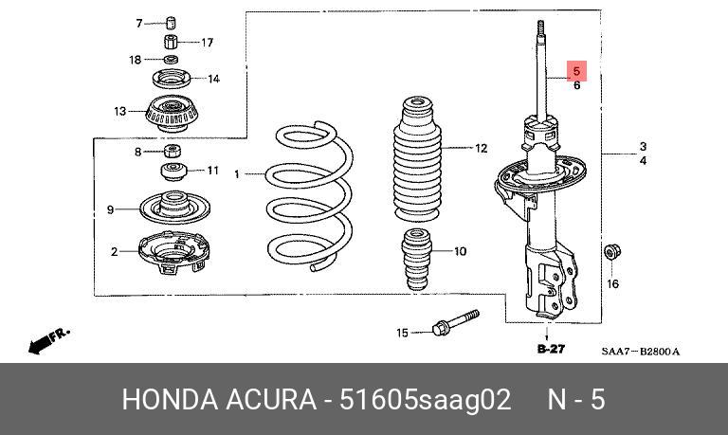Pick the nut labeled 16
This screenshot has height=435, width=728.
[611, 254]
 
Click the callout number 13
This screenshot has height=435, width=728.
[120, 112]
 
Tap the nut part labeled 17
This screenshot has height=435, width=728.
[172, 43]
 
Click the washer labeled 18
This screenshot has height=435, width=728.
[171, 61]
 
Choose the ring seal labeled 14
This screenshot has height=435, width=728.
[171, 79]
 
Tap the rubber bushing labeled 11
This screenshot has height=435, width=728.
[172, 172]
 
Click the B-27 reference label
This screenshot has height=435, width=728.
[550, 350]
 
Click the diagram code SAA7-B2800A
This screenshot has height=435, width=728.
[641, 352]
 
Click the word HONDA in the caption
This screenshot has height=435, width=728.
[165, 400]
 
